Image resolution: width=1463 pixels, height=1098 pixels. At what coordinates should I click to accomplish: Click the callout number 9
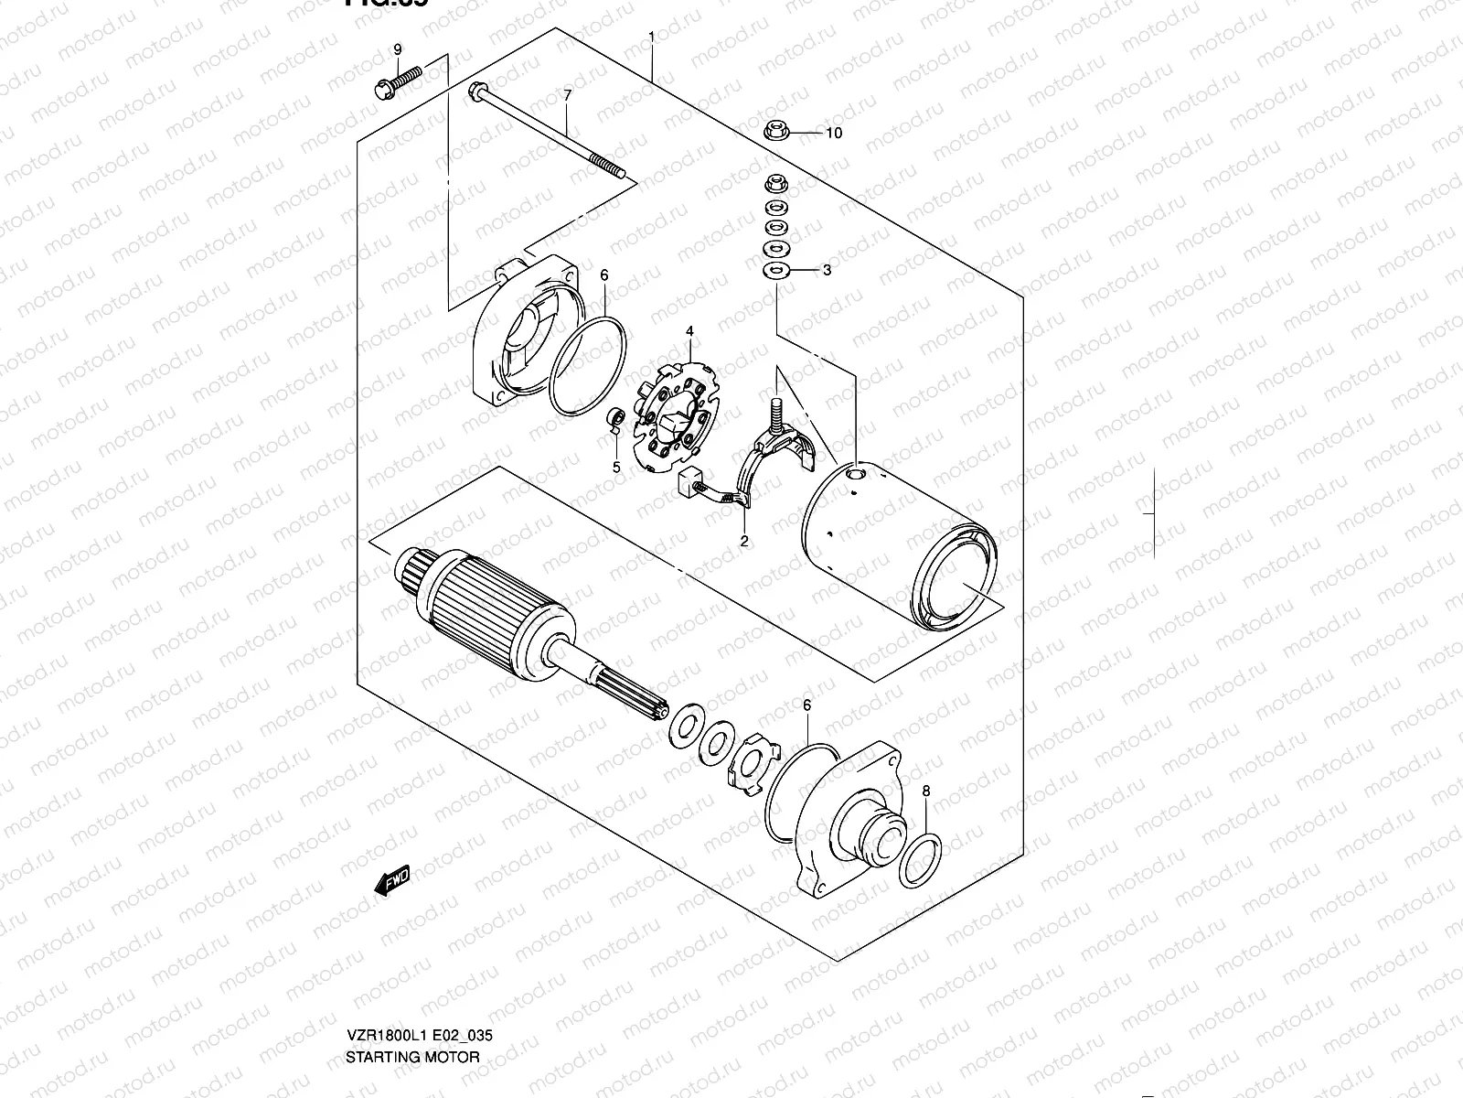pos(398,49)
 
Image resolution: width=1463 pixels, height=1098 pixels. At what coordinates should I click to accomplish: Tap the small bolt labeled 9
pos(395,82)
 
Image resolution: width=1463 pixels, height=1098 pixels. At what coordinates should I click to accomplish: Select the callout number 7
pos(567,95)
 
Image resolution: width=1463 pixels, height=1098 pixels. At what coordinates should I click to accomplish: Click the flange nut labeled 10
pos(776,130)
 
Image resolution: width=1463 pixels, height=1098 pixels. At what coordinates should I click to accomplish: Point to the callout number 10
pos(833,133)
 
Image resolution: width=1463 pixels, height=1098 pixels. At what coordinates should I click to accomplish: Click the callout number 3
pos(827,270)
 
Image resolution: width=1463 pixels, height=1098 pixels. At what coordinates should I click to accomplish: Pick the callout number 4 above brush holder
pos(690,330)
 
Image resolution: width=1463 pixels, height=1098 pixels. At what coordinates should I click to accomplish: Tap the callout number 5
pos(616,467)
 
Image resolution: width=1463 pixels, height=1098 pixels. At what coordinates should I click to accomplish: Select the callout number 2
pos(744,541)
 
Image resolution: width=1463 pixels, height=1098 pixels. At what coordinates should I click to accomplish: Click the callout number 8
pos(926,791)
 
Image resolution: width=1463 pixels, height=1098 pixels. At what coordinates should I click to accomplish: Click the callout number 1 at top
pos(651,37)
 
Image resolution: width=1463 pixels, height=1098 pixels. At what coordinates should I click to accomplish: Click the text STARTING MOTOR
pos(412,1057)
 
